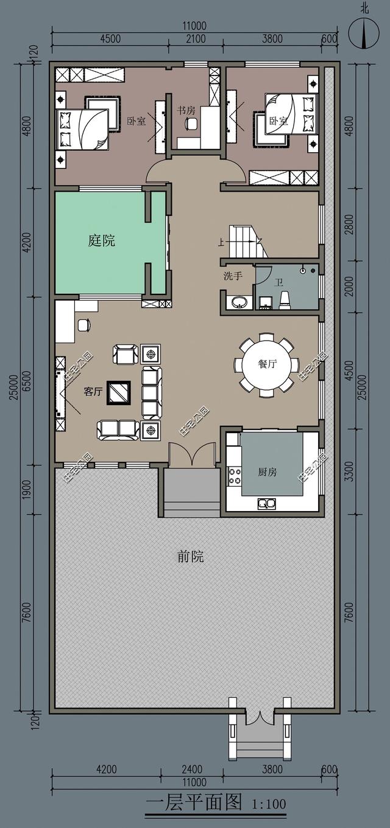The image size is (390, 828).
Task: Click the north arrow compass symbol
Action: click(364, 33)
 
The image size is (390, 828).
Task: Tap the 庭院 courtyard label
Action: click(101, 241)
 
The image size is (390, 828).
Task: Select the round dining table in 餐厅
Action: click(267, 364)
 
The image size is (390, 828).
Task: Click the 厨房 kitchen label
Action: click(267, 471)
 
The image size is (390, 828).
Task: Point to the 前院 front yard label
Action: click(190, 556)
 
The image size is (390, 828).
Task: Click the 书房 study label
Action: click(186, 110)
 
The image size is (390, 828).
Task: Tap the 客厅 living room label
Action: click(93, 392)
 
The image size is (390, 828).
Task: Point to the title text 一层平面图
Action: click(194, 802)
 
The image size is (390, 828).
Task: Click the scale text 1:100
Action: click(269, 804)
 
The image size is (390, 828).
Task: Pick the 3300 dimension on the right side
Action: click(349, 470)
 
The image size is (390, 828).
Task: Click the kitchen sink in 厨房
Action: click(266, 503)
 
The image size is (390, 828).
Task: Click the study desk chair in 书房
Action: click(191, 124)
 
